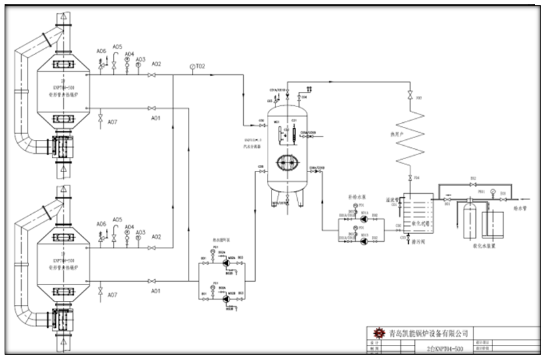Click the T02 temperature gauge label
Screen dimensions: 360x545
[x=201, y=66]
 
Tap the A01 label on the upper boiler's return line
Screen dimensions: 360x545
[x=156, y=118]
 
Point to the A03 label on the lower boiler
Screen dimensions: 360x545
[x=141, y=233]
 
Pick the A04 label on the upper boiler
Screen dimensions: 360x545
[x=130, y=54]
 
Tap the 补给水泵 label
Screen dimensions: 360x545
[x=348, y=196]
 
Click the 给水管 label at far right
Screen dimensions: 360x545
[x=521, y=208]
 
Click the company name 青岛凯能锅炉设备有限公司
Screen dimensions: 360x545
[x=420, y=333]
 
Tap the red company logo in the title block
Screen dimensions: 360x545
[x=377, y=332]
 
